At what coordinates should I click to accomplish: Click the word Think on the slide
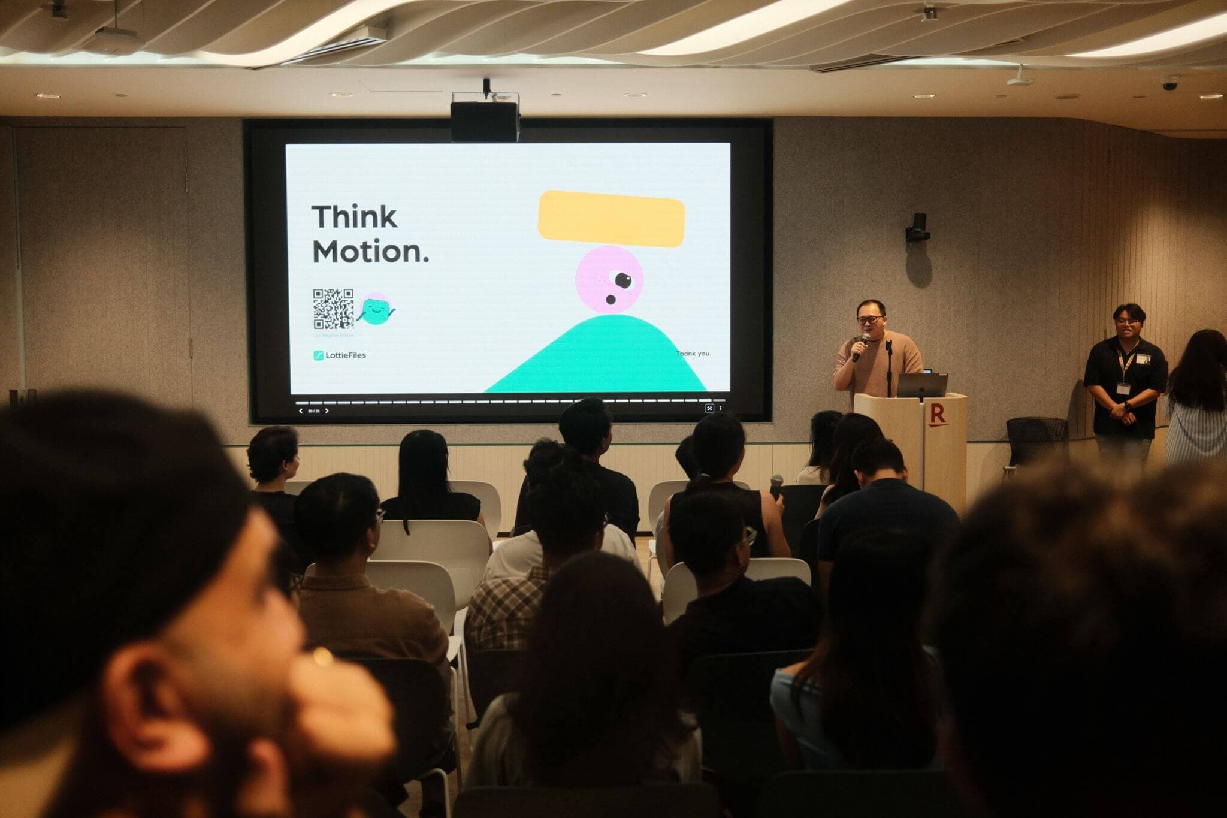354,216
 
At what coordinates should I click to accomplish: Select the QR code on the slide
333,309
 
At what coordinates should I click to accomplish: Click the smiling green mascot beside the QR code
376,310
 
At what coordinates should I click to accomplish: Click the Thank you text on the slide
693,354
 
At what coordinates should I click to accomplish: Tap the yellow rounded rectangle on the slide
611,219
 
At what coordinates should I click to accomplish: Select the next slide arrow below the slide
327,411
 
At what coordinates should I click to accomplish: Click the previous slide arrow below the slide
300,411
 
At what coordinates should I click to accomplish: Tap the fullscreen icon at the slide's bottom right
709,408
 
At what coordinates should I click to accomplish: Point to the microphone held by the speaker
862,345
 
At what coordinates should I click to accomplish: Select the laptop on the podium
921,385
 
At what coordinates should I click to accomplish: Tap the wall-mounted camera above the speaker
917,227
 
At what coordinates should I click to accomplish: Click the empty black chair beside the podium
1036,440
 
